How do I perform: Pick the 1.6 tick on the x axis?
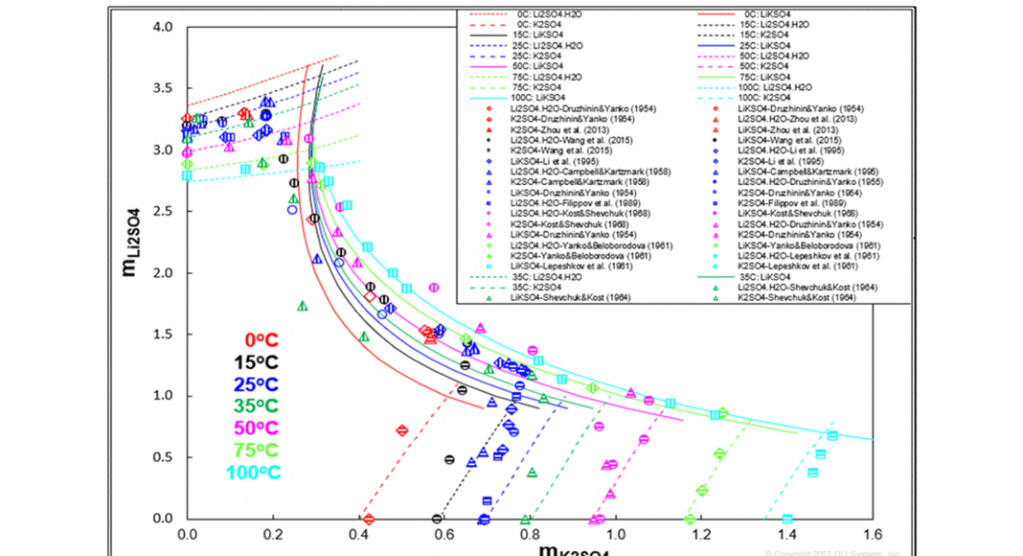point(872,534)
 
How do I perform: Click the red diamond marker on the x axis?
point(369,519)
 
